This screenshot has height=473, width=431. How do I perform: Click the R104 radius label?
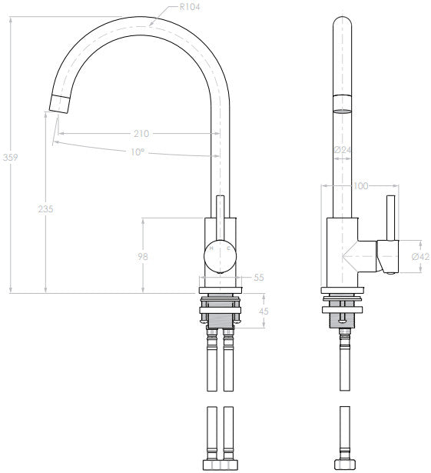(x=191, y=7)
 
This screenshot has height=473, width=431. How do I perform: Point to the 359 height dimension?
(x=11, y=157)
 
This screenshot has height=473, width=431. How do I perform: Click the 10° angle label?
(x=136, y=152)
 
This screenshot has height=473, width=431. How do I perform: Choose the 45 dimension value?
(x=263, y=311)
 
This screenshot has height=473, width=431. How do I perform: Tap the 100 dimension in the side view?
(x=361, y=185)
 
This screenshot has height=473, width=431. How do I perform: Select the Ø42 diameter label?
(x=419, y=256)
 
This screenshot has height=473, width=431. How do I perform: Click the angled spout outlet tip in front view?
(x=59, y=102)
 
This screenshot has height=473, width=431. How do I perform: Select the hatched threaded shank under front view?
(x=220, y=318)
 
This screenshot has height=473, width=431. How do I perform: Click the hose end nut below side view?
(x=344, y=464)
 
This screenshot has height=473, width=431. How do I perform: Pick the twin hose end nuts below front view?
(x=218, y=464)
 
